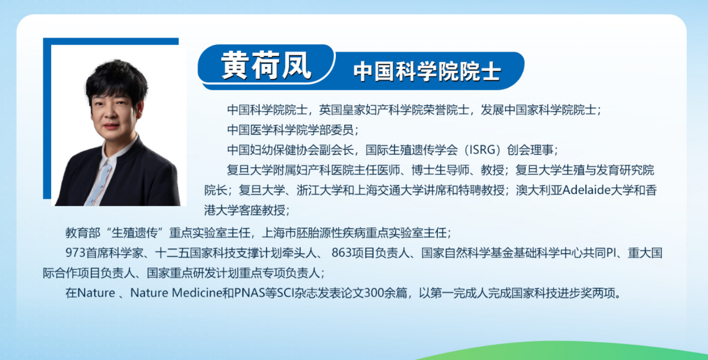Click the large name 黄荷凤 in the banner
tap(266, 65)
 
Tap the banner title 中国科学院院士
tap(427, 72)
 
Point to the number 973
tap(76, 253)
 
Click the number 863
tap(341, 253)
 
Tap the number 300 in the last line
tap(374, 293)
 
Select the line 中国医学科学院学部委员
tap(290, 130)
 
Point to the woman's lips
tap(111, 126)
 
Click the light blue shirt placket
tap(100, 183)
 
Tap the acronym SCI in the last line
tap(285, 293)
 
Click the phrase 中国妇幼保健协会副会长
tap(290, 150)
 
